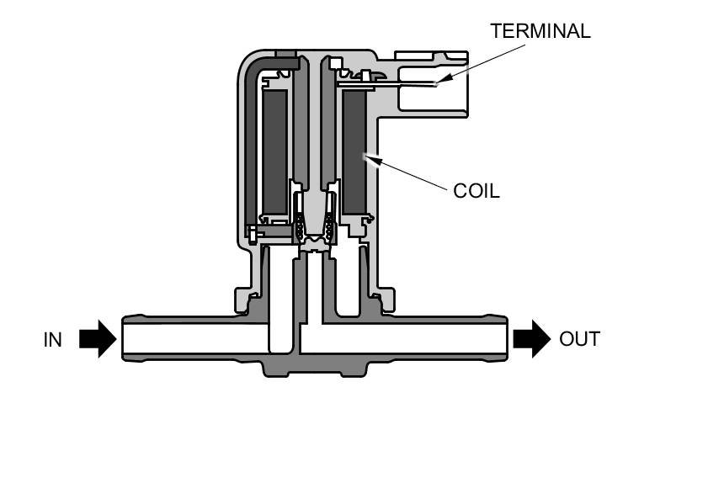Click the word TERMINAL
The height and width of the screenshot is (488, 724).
coord(540,31)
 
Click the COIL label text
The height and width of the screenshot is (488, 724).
coord(476,191)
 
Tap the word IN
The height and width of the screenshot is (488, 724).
coord(53,340)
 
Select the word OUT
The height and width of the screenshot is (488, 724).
coord(579,339)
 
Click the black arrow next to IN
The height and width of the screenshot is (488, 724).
coord(98,339)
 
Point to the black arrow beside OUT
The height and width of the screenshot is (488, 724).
coord(531,339)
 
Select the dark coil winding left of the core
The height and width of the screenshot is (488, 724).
coord(274,151)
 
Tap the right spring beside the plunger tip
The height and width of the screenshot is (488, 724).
coord(330,227)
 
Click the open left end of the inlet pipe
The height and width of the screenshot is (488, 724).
coord(125,339)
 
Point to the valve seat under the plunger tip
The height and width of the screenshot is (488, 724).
coord(315,247)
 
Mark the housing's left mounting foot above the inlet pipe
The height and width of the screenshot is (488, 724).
coord(246,300)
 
